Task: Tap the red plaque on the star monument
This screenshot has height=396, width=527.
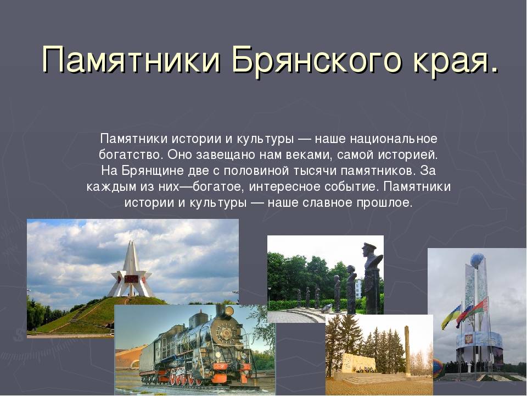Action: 131,279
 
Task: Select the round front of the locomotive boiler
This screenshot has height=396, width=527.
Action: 222,333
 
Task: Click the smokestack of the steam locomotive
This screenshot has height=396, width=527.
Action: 221,310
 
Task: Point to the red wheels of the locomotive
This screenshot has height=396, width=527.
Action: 185,377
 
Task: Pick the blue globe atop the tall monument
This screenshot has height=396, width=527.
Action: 478,261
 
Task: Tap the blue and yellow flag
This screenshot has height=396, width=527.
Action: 451,317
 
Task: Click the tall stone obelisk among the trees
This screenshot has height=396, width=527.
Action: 407,351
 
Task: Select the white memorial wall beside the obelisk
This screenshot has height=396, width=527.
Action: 358,362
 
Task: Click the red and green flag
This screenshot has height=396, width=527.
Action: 479,308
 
